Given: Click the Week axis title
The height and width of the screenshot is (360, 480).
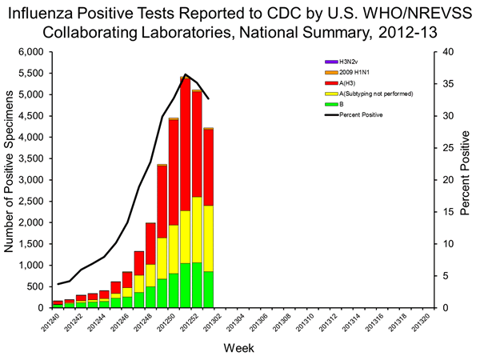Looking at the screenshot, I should (x=239, y=347).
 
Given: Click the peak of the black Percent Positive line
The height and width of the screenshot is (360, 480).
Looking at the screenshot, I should (x=186, y=74).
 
